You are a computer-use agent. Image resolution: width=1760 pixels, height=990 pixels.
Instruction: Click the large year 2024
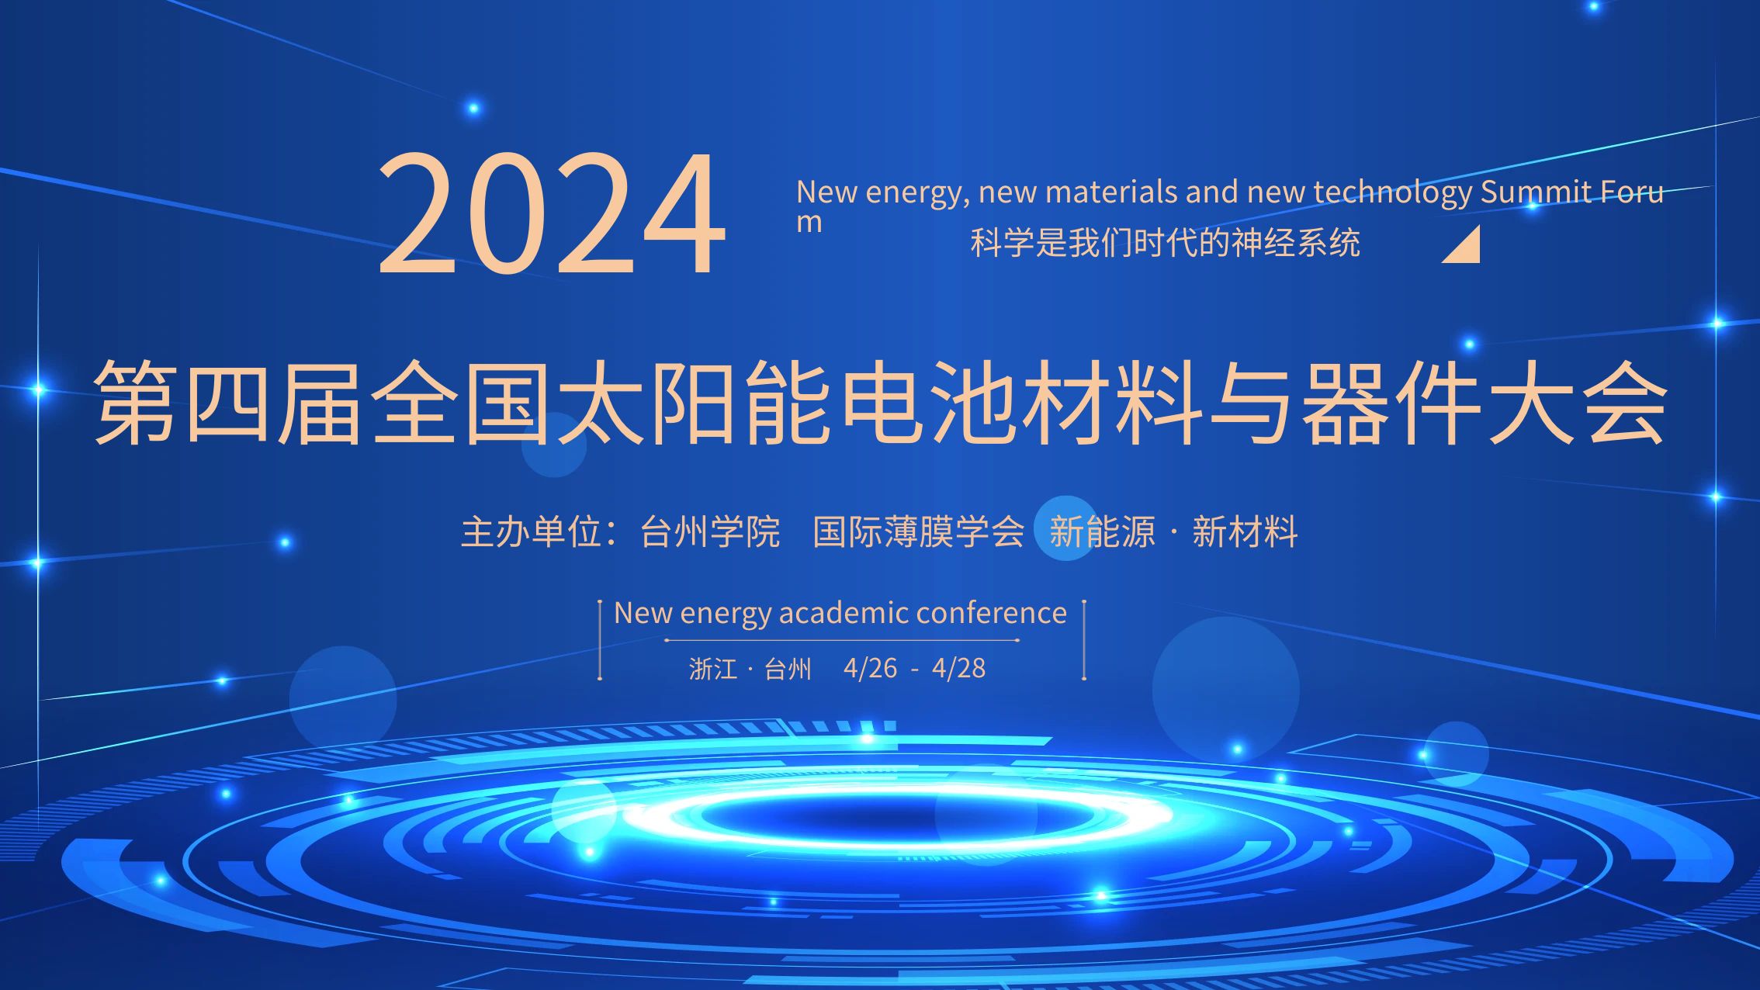click(552, 213)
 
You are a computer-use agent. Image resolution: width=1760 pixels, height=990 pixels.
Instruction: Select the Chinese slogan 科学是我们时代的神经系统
click(1165, 243)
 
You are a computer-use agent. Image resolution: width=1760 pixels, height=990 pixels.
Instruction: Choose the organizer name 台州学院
click(710, 532)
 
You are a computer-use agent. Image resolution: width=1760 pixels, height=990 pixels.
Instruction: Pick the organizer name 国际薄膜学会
click(919, 532)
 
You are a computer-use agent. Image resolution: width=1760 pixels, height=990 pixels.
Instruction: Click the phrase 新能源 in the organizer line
click(1102, 532)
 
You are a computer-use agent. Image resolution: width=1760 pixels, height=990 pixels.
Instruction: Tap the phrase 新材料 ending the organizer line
click(1245, 532)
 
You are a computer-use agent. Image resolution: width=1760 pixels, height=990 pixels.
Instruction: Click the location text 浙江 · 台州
click(750, 668)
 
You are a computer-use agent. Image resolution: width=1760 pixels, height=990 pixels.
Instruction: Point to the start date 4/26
click(870, 668)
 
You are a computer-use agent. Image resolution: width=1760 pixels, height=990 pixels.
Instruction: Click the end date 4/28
click(959, 668)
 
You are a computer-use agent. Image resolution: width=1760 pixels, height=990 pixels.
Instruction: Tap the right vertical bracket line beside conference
click(1084, 640)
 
